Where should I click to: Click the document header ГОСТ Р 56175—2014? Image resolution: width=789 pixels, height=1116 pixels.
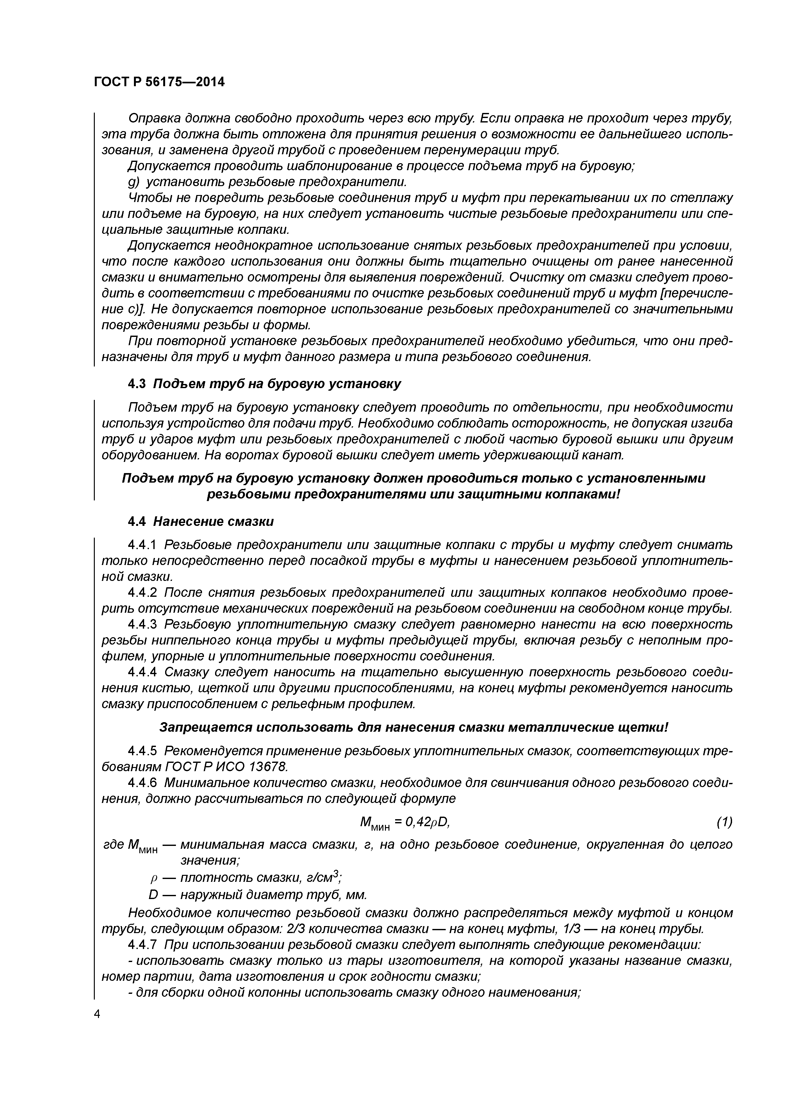point(159,82)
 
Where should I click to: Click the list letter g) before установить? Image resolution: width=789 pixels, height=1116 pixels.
point(134,182)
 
